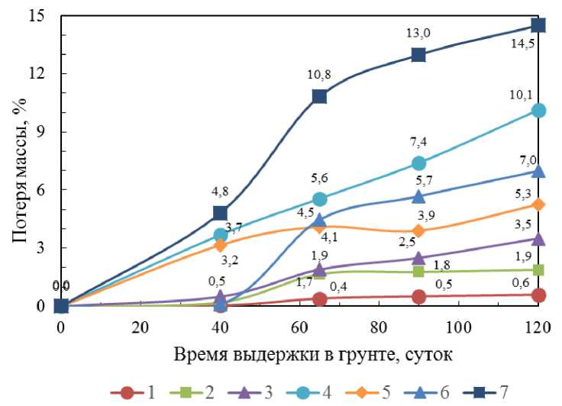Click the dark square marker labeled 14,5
(538, 25)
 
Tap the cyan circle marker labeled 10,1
(538, 110)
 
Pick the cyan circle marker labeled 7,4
(418, 163)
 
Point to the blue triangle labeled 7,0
(538, 171)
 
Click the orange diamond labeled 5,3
(538, 205)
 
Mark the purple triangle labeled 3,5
(538, 239)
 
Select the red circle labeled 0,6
(538, 295)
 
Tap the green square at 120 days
(538, 269)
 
